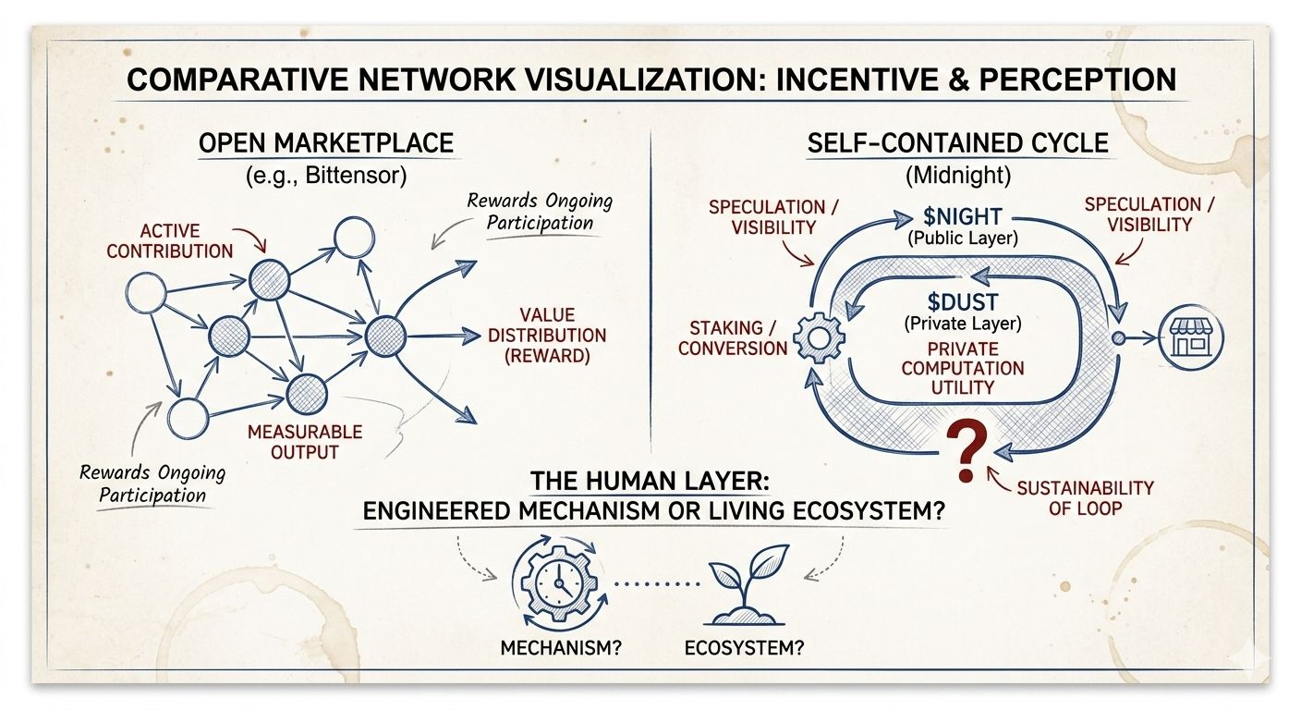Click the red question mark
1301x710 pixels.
tap(966, 451)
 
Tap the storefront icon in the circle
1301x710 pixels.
tap(1192, 338)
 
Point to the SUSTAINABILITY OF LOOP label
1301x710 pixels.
tap(1085, 497)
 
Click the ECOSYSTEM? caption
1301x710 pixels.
tap(744, 647)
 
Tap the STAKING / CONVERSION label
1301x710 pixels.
tap(733, 337)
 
